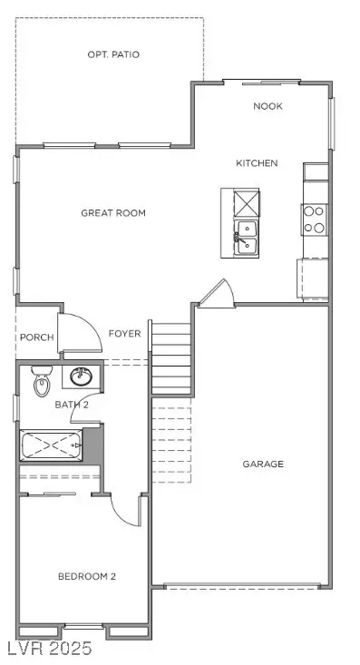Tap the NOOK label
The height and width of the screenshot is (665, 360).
tap(268, 106)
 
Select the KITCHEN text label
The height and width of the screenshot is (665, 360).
tap(257, 163)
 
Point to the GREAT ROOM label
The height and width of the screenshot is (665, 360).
tap(113, 213)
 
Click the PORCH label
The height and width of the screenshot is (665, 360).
tap(35, 337)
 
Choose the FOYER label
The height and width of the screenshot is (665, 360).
tap(125, 334)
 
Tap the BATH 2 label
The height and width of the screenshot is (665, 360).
tap(72, 405)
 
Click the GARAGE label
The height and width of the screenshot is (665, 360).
tap(263, 464)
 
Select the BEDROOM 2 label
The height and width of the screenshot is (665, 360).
tap(87, 576)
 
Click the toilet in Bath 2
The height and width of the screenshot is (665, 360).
tap(41, 383)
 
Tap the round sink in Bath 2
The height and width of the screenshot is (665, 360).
tap(81, 377)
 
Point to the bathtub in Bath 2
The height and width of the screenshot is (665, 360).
tap(53, 446)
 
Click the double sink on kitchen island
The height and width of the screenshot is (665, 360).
tap(246, 237)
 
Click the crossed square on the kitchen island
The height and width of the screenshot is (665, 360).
tap(246, 202)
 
